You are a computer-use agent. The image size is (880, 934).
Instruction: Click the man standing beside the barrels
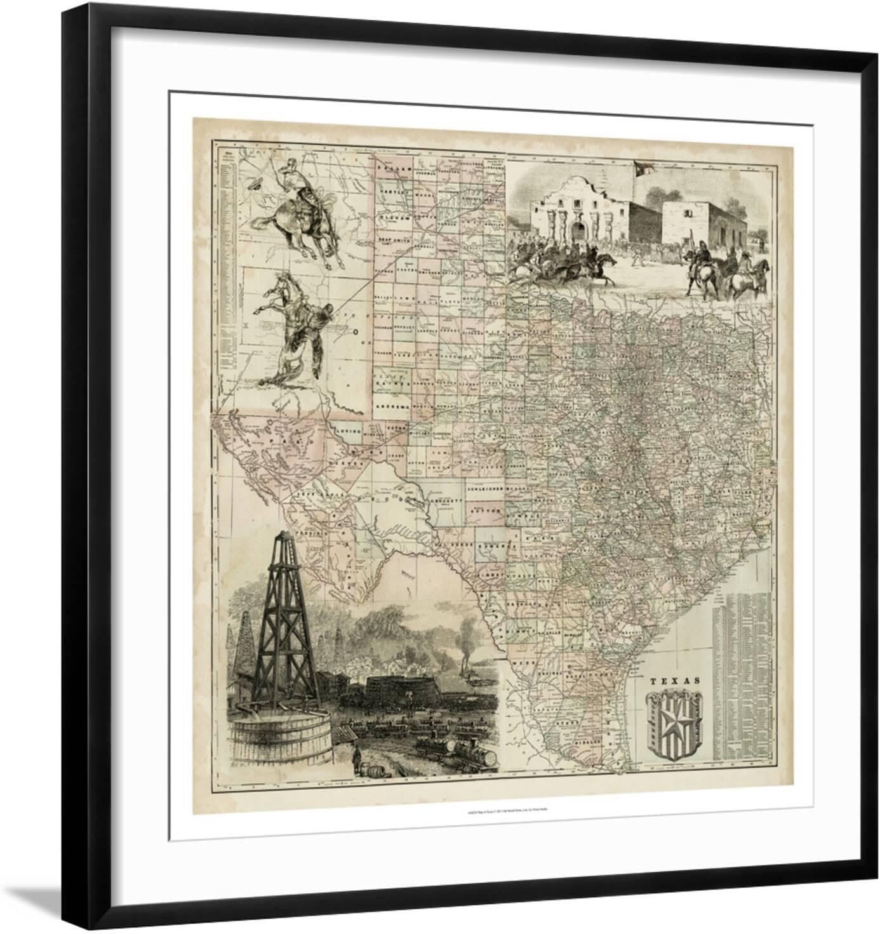coord(357,756)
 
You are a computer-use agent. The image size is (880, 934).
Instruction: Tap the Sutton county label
coord(484,509)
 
